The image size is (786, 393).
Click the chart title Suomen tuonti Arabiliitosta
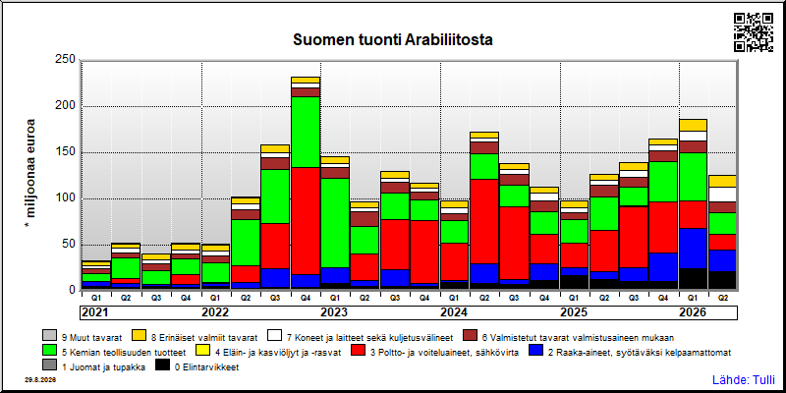pyautogui.click(x=392, y=39)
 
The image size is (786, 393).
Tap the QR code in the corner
pyautogui.click(x=754, y=32)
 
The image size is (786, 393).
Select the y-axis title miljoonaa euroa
pyautogui.click(x=30, y=174)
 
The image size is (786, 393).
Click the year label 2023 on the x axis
pyautogui.click(x=334, y=312)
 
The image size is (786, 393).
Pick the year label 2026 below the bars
pyautogui.click(x=693, y=312)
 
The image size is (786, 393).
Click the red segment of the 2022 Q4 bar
pyautogui.click(x=306, y=221)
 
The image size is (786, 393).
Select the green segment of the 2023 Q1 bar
pyautogui.click(x=335, y=223)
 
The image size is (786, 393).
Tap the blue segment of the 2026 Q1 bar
pyautogui.click(x=693, y=249)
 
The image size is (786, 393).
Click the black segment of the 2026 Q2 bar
pyautogui.click(x=722, y=280)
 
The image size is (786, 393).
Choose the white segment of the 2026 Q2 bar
pyautogui.click(x=722, y=195)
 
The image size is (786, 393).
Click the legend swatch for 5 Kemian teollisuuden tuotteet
pyautogui.click(x=50, y=352)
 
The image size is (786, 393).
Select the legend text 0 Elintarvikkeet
pyautogui.click(x=206, y=367)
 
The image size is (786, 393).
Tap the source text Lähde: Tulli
pyautogui.click(x=744, y=379)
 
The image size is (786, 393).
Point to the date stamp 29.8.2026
pyautogui.click(x=40, y=380)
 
